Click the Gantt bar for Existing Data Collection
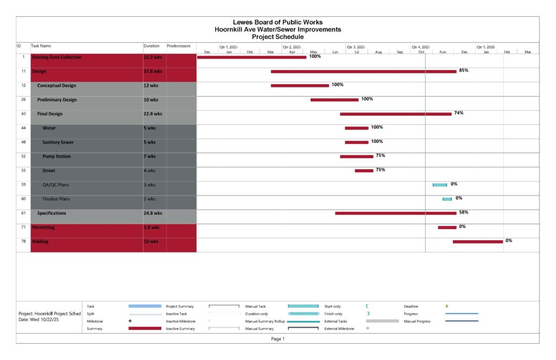pos(251,57)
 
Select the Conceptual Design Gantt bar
pos(300,85)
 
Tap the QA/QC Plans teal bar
pos(440,185)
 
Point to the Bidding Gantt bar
pos(478,242)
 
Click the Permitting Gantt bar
pos(447,228)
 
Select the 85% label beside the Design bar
pos(464,71)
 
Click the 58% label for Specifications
pos(464,212)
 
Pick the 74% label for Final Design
pos(458,113)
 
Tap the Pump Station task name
pos(56,156)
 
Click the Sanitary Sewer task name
pos(58,142)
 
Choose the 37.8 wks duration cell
pos(153,71)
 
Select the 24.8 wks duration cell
pos(153,213)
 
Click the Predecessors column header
pos(179,46)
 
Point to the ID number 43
pos(23,114)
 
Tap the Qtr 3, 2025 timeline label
pos(356,47)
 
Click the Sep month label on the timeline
pos(400,52)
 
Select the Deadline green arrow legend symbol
pos(447,306)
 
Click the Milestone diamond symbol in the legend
pos(130,321)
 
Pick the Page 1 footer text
pos(277,339)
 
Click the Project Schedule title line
pos(277,37)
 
